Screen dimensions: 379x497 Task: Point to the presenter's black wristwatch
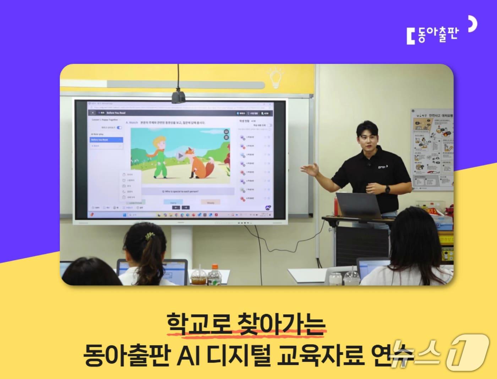coord(387,189)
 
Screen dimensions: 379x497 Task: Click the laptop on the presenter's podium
coord(359,205)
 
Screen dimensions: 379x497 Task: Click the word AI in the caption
coord(188,356)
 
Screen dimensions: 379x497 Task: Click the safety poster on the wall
coord(432,149)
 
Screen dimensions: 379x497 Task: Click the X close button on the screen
coord(93,113)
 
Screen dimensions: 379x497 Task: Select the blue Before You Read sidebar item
coord(106,140)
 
